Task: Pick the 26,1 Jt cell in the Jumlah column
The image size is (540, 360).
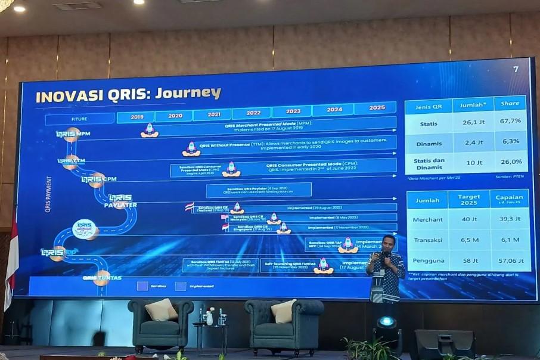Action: tap(473, 122)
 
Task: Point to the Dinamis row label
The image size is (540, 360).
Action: tap(429, 142)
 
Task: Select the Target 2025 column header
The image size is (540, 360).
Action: tap(468, 200)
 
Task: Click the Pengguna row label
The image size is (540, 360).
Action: tap(427, 260)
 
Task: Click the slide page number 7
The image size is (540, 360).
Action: tap(516, 69)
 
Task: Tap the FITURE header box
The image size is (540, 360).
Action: tap(79, 119)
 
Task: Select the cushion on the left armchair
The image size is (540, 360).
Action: tap(161, 309)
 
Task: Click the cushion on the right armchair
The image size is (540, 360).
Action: tap(284, 311)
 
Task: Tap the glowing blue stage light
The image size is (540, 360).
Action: tap(386, 322)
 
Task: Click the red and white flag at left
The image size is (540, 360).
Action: tap(11, 262)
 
